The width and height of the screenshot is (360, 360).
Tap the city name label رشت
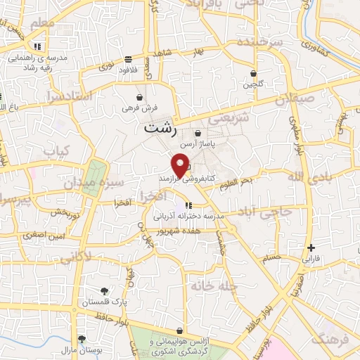pos(162,129)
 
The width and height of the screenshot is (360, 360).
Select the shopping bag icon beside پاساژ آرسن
pos(198,134)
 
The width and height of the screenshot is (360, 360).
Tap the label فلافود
pos(127,70)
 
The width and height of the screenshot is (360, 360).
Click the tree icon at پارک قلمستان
pos(105,291)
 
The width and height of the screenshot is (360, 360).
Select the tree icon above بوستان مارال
pos(82,339)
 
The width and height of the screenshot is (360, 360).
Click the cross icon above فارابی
pos(311,247)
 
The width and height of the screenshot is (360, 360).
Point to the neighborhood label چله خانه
pos(214,286)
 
